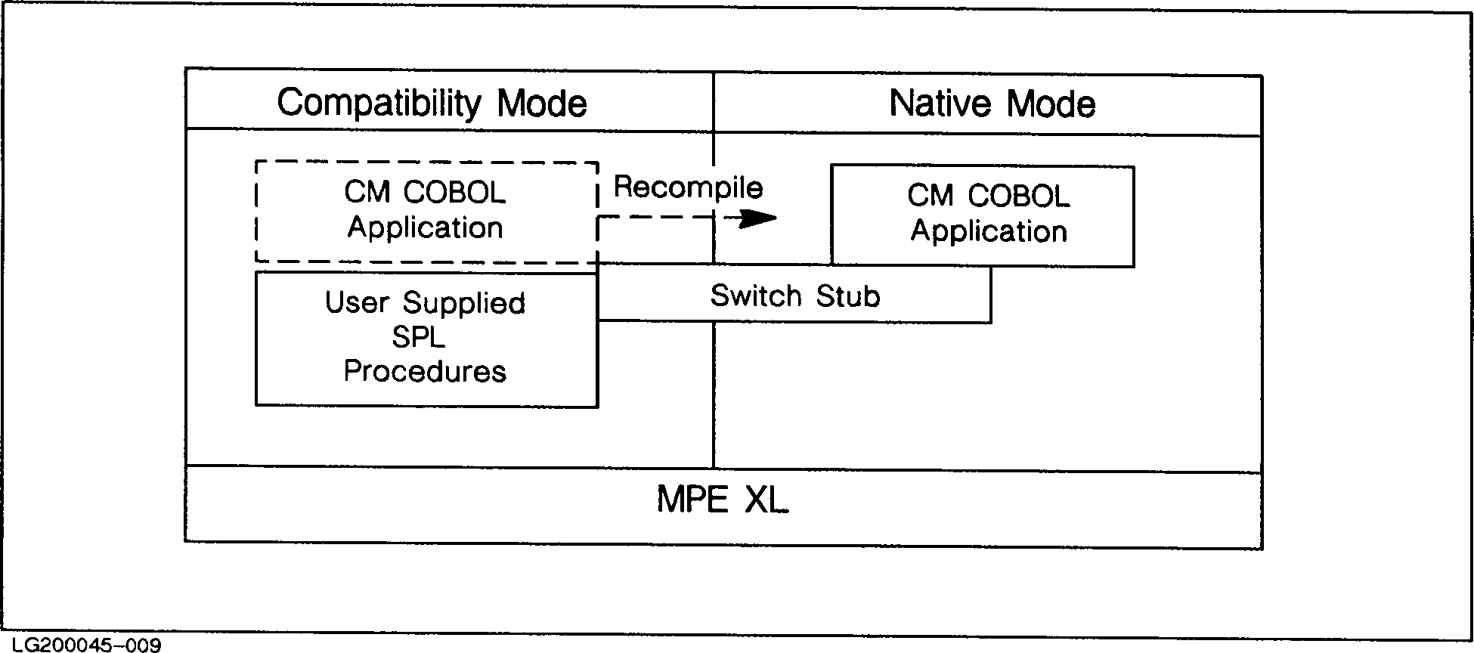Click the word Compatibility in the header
coord(379,104)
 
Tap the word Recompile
coord(688,187)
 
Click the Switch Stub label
coord(795,296)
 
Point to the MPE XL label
coord(723,500)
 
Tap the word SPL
coord(418,337)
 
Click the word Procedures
coord(425,371)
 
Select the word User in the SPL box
coord(357,302)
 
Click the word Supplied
coord(464,304)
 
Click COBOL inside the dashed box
coord(454,193)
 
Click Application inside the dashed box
coord(426,227)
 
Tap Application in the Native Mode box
coord(989,231)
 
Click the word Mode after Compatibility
coord(541,104)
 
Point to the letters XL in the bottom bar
coord(766,500)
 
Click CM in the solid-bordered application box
coord(931,197)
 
